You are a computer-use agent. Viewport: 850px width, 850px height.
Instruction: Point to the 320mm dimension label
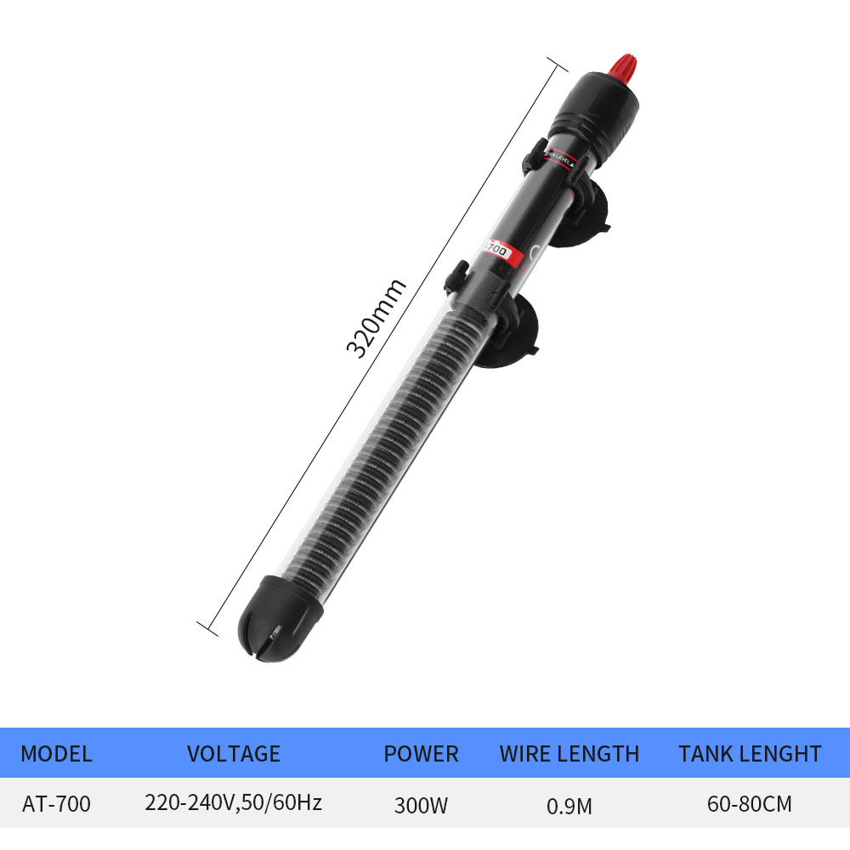[x=375, y=318]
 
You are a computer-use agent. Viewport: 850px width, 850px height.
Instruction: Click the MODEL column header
[x=56, y=754]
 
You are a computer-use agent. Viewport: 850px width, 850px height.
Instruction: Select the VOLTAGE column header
[x=233, y=754]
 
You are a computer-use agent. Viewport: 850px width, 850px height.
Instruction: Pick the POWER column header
[x=421, y=754]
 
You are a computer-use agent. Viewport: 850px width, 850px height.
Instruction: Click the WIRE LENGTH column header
[x=569, y=754]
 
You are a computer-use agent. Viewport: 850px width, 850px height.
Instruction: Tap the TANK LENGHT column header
[x=750, y=754]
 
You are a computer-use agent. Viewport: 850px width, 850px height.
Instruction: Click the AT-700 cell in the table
[x=56, y=803]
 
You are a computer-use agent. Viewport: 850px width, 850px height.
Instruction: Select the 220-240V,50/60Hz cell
[x=233, y=802]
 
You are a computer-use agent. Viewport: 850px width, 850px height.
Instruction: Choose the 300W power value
[x=421, y=804]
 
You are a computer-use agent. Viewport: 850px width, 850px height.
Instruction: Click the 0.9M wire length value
[x=569, y=804]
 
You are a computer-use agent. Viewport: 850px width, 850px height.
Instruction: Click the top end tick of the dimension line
[x=556, y=65]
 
